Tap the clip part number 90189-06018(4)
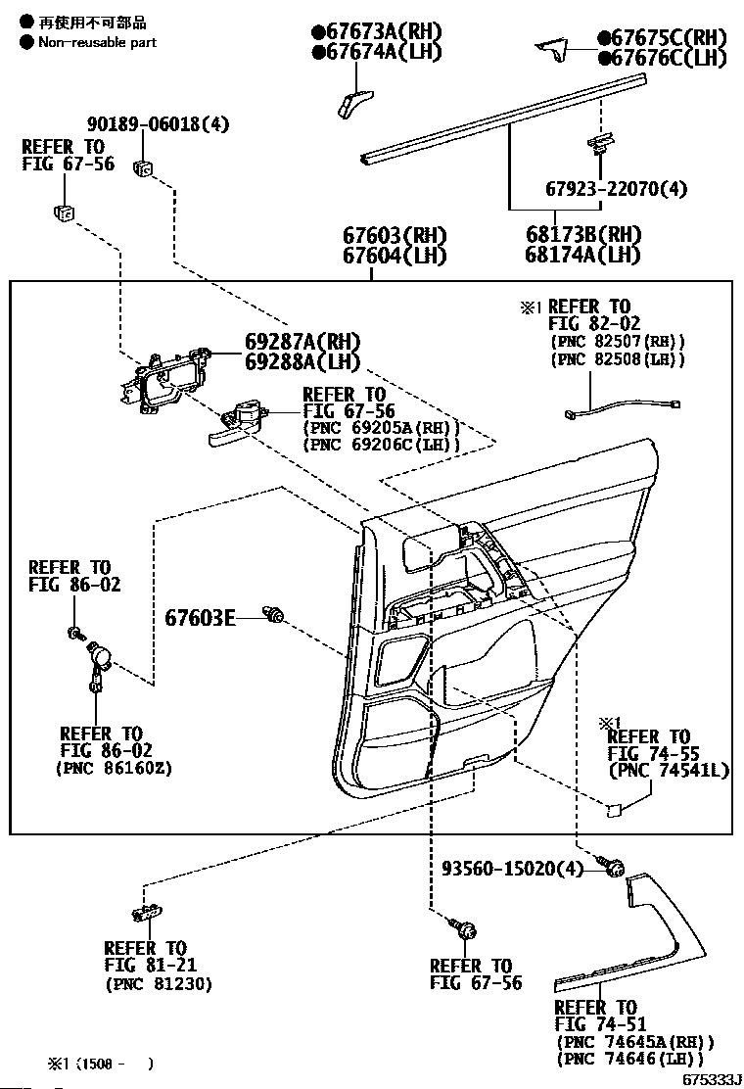[x=158, y=124]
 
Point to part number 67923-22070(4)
[x=617, y=189]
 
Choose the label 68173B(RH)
[x=583, y=235]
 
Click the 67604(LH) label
[x=395, y=256]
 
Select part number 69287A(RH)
[x=302, y=342]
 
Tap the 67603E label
[x=200, y=617]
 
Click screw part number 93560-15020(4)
[x=513, y=868]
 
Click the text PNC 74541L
[x=669, y=771]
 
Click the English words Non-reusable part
[x=97, y=42]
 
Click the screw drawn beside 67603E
[x=274, y=614]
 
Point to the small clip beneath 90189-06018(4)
[x=144, y=167]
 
